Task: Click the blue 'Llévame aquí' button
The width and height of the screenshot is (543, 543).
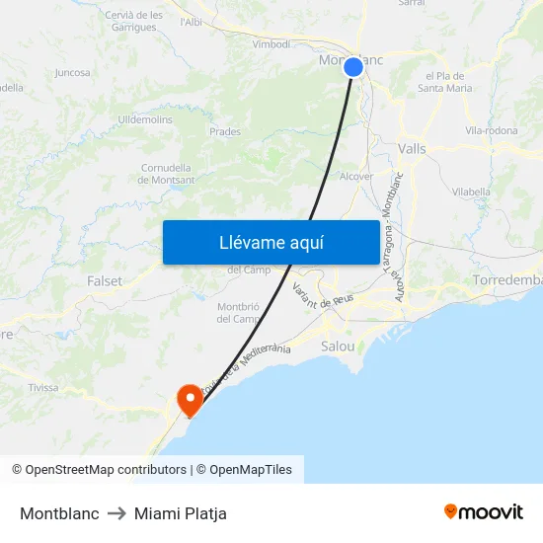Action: pyautogui.click(x=271, y=242)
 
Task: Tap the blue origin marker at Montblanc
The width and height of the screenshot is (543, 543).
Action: pyautogui.click(x=353, y=66)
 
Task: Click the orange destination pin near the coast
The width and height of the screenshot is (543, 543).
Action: pyautogui.click(x=189, y=398)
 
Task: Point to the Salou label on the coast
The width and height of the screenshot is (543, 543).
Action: pyautogui.click(x=339, y=347)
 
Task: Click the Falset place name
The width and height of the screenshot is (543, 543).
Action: pyautogui.click(x=105, y=281)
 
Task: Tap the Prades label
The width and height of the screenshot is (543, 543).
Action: pyautogui.click(x=225, y=131)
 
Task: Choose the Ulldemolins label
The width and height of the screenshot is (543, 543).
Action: pyautogui.click(x=145, y=119)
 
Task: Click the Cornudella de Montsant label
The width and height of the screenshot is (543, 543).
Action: pyautogui.click(x=167, y=174)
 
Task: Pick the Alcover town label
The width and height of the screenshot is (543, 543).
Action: pyautogui.click(x=356, y=177)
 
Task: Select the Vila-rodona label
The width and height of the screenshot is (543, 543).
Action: pyautogui.click(x=491, y=130)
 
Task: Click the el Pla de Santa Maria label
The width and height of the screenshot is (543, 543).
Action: pyautogui.click(x=448, y=82)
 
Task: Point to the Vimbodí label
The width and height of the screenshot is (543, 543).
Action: pyautogui.click(x=271, y=44)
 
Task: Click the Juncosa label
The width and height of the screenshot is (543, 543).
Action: pyautogui.click(x=73, y=72)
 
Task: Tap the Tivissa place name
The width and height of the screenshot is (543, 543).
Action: pyautogui.click(x=43, y=388)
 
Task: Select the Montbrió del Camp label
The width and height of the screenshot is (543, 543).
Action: pyautogui.click(x=237, y=312)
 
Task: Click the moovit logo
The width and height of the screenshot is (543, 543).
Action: pyautogui.click(x=483, y=512)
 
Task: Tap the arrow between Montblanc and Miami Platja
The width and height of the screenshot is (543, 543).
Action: pyautogui.click(x=116, y=513)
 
